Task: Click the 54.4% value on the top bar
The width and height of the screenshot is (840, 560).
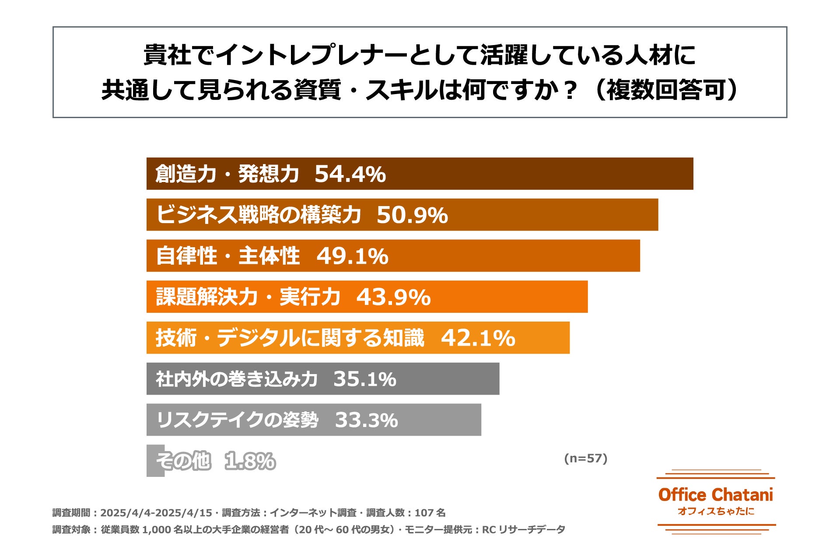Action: [350, 174]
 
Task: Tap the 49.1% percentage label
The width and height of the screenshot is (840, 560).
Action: [352, 256]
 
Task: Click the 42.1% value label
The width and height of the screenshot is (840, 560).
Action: [478, 338]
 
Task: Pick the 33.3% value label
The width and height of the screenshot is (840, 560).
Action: [366, 420]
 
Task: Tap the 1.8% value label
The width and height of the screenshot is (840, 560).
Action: [250, 461]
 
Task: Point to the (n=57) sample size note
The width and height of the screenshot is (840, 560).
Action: [585, 458]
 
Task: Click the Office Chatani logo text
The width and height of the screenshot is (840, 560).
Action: [715, 495]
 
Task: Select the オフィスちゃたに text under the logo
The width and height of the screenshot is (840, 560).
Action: [715, 511]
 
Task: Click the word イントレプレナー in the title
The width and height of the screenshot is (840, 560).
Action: [311, 55]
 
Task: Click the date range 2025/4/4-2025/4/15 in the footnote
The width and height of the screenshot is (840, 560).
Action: [156, 513]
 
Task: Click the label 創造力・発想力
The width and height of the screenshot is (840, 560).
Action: [227, 174]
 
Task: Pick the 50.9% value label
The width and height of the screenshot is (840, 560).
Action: [412, 215]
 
